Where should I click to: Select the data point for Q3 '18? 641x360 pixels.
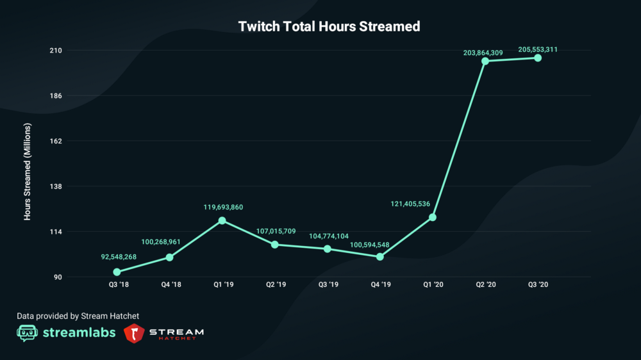click(117, 272)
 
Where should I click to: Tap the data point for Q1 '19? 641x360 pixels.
click(222, 220)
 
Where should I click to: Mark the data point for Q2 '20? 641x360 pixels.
click(485, 61)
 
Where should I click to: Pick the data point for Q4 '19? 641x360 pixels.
click(380, 257)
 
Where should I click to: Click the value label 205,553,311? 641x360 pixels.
click(538, 49)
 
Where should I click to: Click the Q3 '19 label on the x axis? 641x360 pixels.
click(328, 285)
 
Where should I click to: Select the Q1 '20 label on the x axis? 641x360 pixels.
click(433, 285)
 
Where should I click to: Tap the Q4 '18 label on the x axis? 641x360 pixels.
click(170, 285)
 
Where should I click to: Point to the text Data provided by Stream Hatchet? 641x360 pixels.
click(78, 316)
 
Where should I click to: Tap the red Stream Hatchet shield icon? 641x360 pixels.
click(133, 333)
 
